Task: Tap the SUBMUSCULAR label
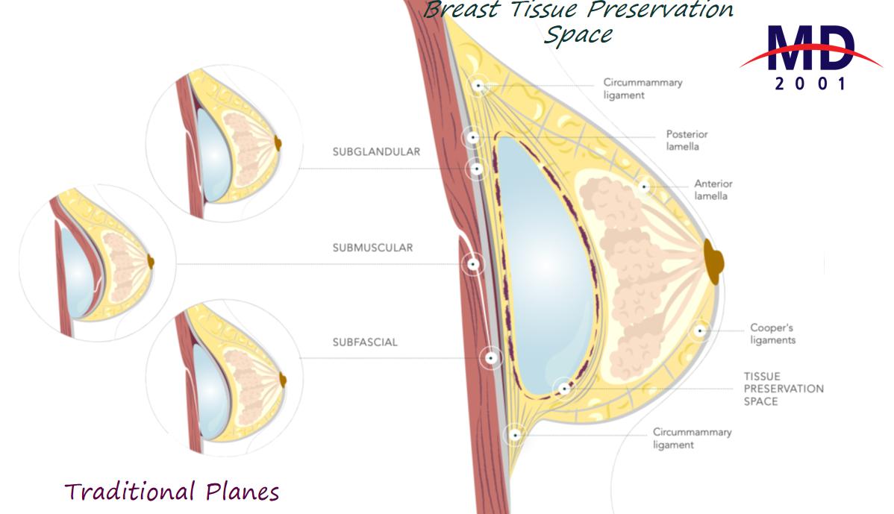click(372, 248)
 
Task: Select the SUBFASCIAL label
click(365, 342)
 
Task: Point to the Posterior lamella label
click(687, 140)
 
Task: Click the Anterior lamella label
click(713, 189)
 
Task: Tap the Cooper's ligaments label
click(772, 334)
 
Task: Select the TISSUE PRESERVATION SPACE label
click(784, 389)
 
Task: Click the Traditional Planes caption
click(172, 492)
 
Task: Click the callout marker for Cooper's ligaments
click(700, 330)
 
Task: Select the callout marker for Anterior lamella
click(644, 186)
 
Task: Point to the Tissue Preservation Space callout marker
click(564, 388)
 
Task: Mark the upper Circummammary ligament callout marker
click(478, 86)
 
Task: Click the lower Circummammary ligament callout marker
click(513, 435)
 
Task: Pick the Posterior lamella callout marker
click(472, 137)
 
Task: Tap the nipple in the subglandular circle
click(279, 142)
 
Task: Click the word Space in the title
click(578, 34)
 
